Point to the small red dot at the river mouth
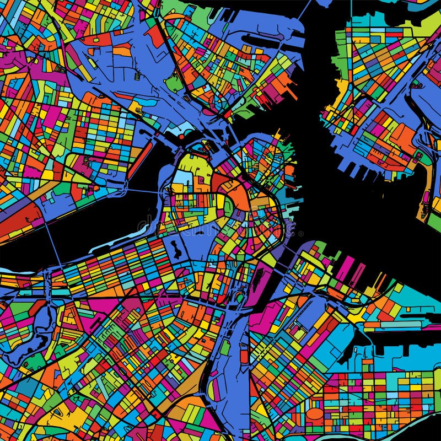(181, 136)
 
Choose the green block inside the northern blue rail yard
(174, 83)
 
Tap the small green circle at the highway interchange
(240, 298)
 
